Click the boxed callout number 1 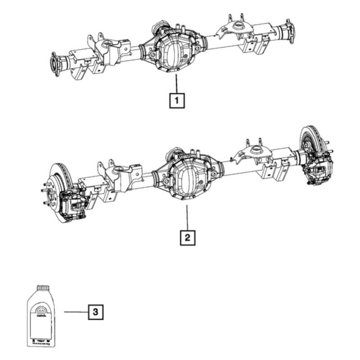[x=177, y=100]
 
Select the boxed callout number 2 [x=188, y=237]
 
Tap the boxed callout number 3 [x=95, y=311]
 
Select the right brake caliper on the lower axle [x=317, y=170]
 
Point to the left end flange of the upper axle [x=56, y=64]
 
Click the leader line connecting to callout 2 [x=187, y=218]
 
